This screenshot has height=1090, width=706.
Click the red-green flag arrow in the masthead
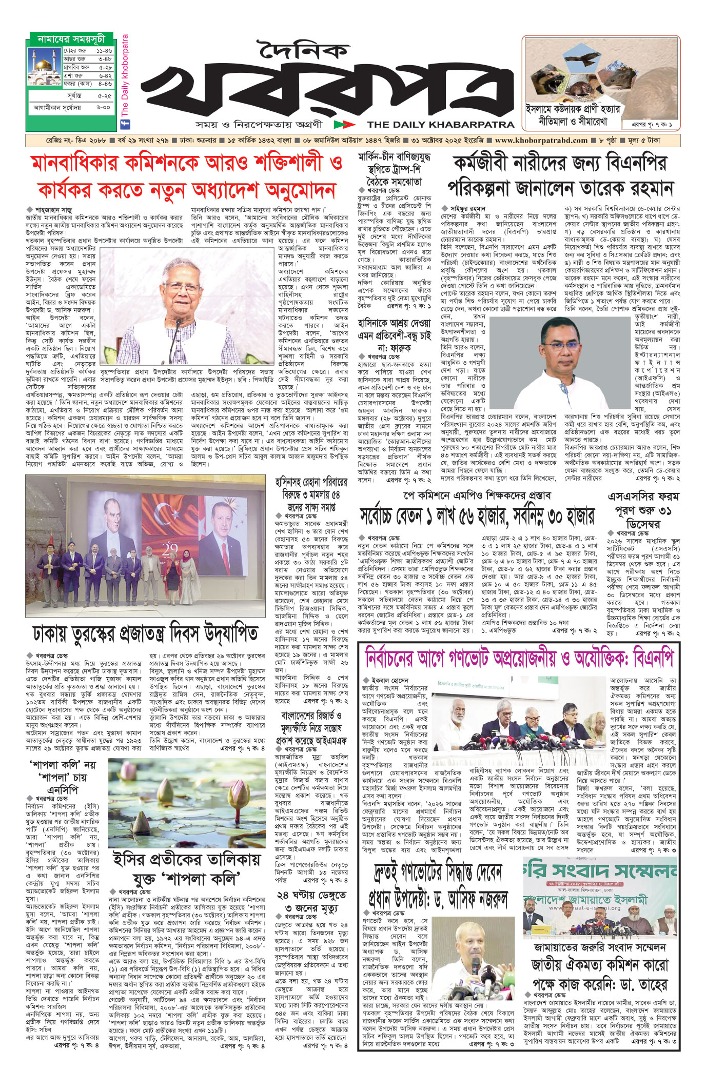click(344, 124)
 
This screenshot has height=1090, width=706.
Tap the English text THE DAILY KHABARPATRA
click(440, 124)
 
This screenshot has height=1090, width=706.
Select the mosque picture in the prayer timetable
click(45, 67)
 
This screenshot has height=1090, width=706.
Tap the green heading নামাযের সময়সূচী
click(71, 39)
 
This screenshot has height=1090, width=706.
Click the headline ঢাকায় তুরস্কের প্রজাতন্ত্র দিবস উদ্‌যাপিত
click(146, 634)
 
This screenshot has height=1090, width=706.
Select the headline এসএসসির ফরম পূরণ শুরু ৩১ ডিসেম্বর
click(643, 510)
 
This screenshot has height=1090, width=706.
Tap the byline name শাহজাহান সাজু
click(53, 210)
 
